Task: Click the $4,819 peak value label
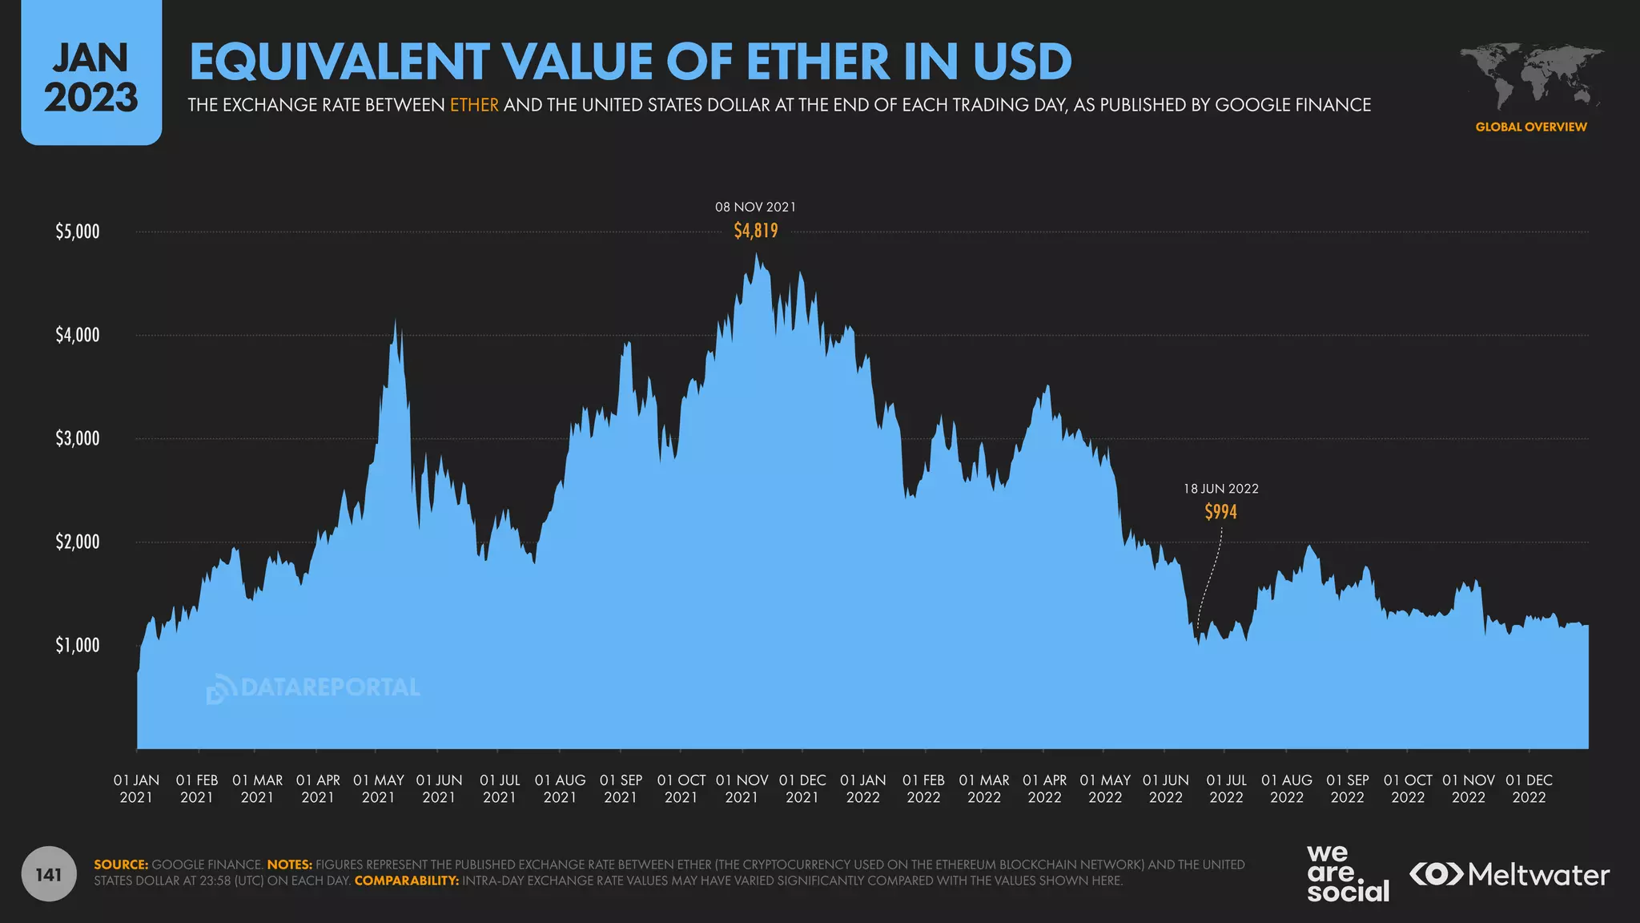[755, 231]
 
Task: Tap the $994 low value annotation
[1220, 511]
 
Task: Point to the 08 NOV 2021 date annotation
[755, 207]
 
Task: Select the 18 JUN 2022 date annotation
[1220, 489]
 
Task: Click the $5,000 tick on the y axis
[78, 232]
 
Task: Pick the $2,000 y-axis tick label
[78, 542]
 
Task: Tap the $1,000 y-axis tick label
[78, 645]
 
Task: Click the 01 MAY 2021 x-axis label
[378, 788]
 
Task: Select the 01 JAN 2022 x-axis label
[862, 788]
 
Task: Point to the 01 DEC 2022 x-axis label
[1529, 788]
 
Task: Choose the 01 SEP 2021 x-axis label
[621, 788]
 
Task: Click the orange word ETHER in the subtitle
[474, 105]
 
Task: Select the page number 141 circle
[49, 874]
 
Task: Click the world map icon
[1530, 76]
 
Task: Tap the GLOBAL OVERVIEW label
[1530, 127]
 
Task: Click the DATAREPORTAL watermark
[313, 687]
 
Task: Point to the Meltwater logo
[1509, 874]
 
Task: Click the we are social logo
[1347, 873]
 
